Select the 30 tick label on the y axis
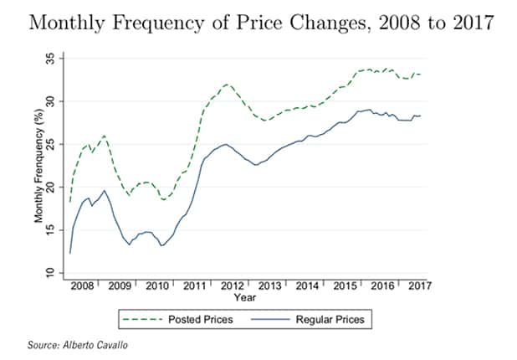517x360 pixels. pyautogui.click(x=52, y=101)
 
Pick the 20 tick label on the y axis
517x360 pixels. pyautogui.click(x=52, y=188)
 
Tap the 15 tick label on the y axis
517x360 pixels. pyautogui.click(x=52, y=230)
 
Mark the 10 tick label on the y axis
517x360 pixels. pyautogui.click(x=52, y=274)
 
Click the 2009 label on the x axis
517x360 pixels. pyautogui.click(x=120, y=285)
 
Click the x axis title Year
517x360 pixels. pyautogui.click(x=245, y=297)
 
